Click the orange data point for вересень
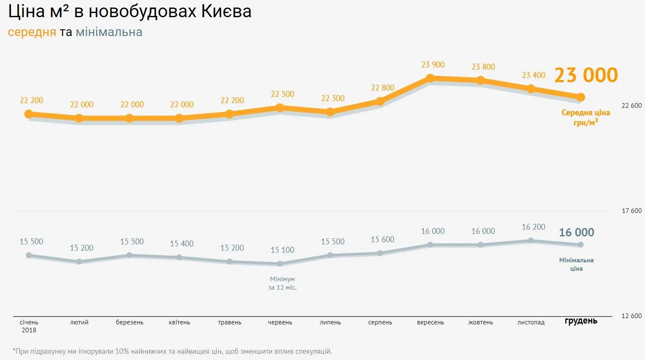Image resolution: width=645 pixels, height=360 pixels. coord(430,78)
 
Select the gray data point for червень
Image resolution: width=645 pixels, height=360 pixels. coord(280,264)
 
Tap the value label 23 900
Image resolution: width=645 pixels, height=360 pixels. coord(433,65)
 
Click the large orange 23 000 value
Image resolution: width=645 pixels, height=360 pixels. coord(586,75)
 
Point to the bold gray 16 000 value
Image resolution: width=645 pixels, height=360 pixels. coord(576,232)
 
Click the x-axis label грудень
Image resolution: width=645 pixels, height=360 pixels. coord(581,321)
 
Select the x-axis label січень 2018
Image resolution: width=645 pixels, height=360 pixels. coord(29,326)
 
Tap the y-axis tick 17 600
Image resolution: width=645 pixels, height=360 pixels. coord(632,211)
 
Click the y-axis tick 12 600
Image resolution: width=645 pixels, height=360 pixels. coord(632,316)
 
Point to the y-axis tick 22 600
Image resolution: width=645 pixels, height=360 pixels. coord(632,106)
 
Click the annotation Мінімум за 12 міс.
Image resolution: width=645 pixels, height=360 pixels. coord(282,283)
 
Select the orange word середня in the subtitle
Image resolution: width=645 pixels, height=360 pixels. coord(32,32)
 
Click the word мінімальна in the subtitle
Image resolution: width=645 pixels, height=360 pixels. coord(109,32)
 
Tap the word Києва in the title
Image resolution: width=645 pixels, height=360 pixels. coord(226,11)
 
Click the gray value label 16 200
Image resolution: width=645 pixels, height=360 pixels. coord(533,227)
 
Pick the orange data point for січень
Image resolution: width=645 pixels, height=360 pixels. coord(29,114)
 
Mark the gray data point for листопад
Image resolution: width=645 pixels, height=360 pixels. coord(531,241)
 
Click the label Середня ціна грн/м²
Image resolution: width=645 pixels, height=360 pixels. coord(585,117)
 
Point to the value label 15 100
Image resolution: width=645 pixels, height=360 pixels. coord(282,250)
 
